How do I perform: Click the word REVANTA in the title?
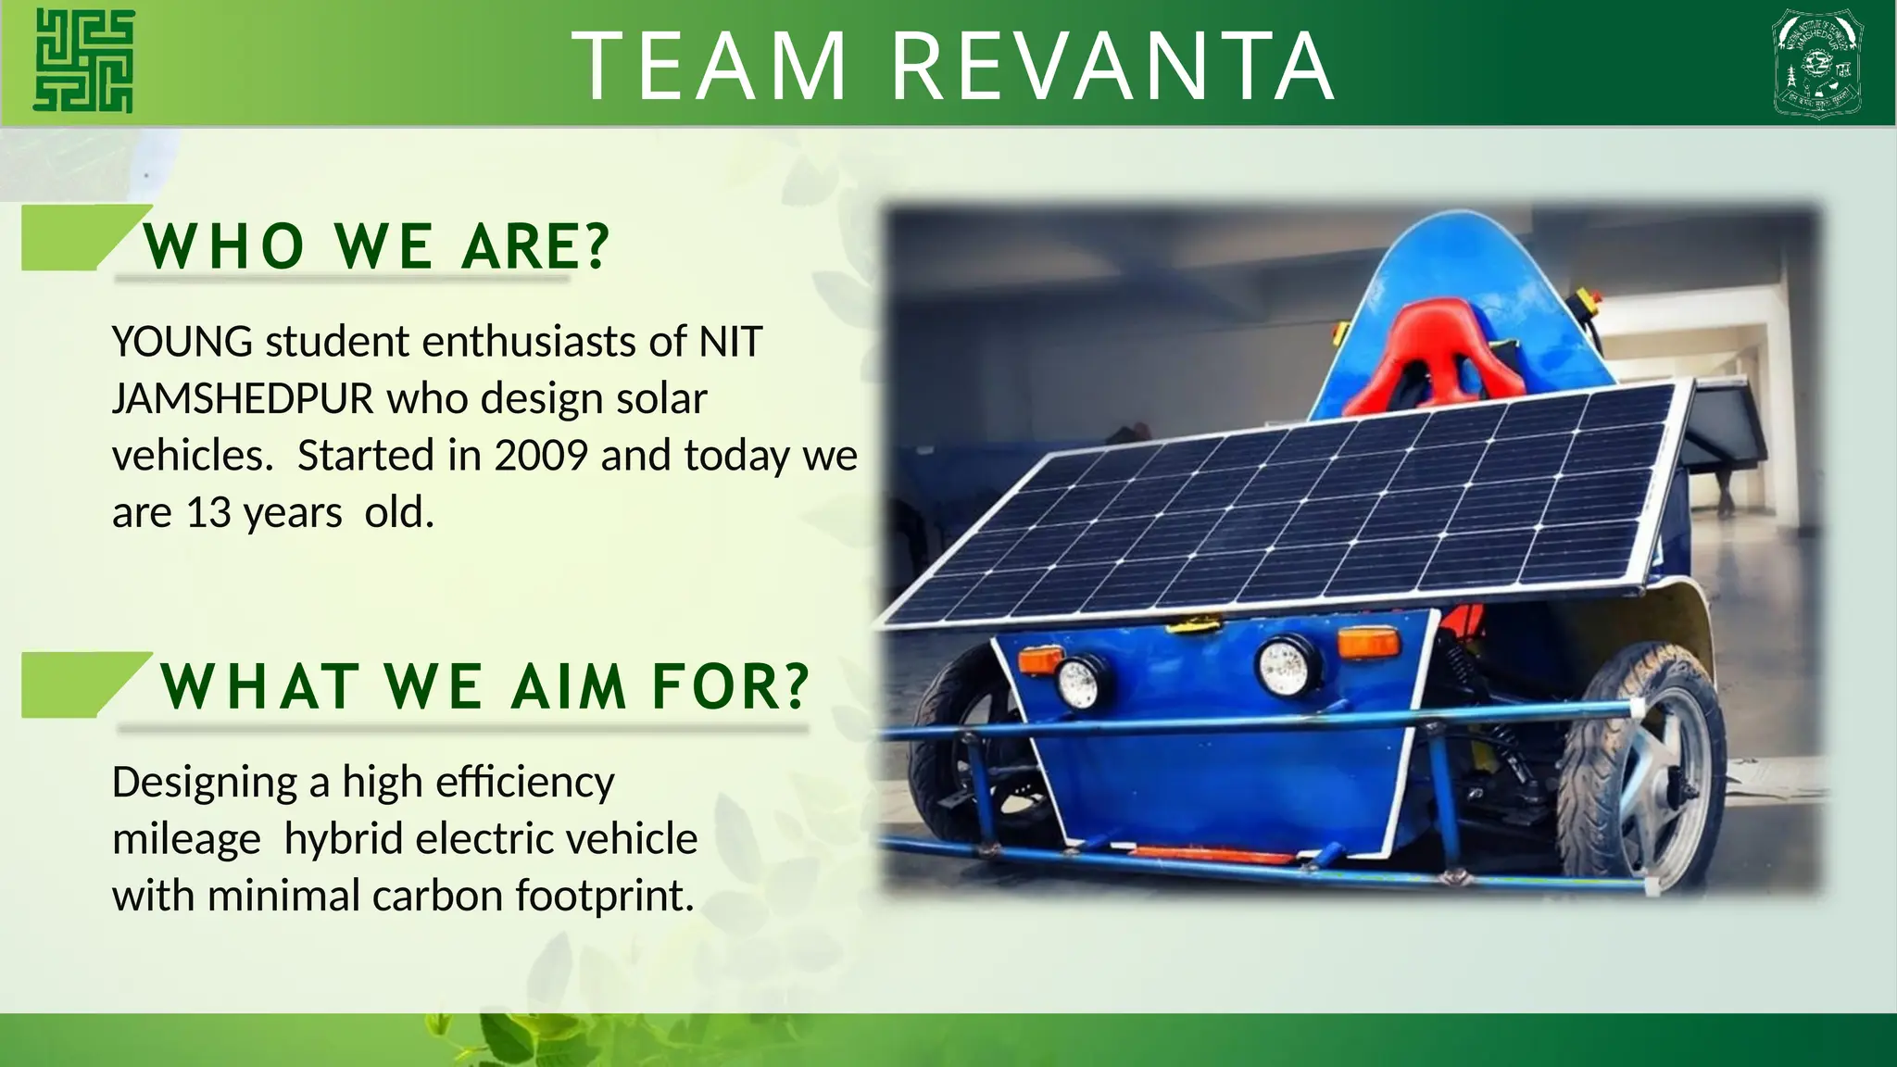(x=1112, y=67)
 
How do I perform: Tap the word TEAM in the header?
(x=710, y=67)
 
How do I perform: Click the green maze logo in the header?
(x=83, y=61)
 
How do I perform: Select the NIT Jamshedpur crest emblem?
(x=1816, y=63)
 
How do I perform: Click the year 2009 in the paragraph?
(x=541, y=456)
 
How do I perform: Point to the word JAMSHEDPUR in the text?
(x=243, y=399)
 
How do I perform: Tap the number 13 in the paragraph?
(x=208, y=513)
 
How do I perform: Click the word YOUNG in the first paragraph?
(x=182, y=342)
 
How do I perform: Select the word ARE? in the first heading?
(x=535, y=247)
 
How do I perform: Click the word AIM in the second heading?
(x=569, y=687)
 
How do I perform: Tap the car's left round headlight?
(x=1079, y=681)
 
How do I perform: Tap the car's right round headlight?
(x=1286, y=663)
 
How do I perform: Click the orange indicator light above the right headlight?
(x=1367, y=642)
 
